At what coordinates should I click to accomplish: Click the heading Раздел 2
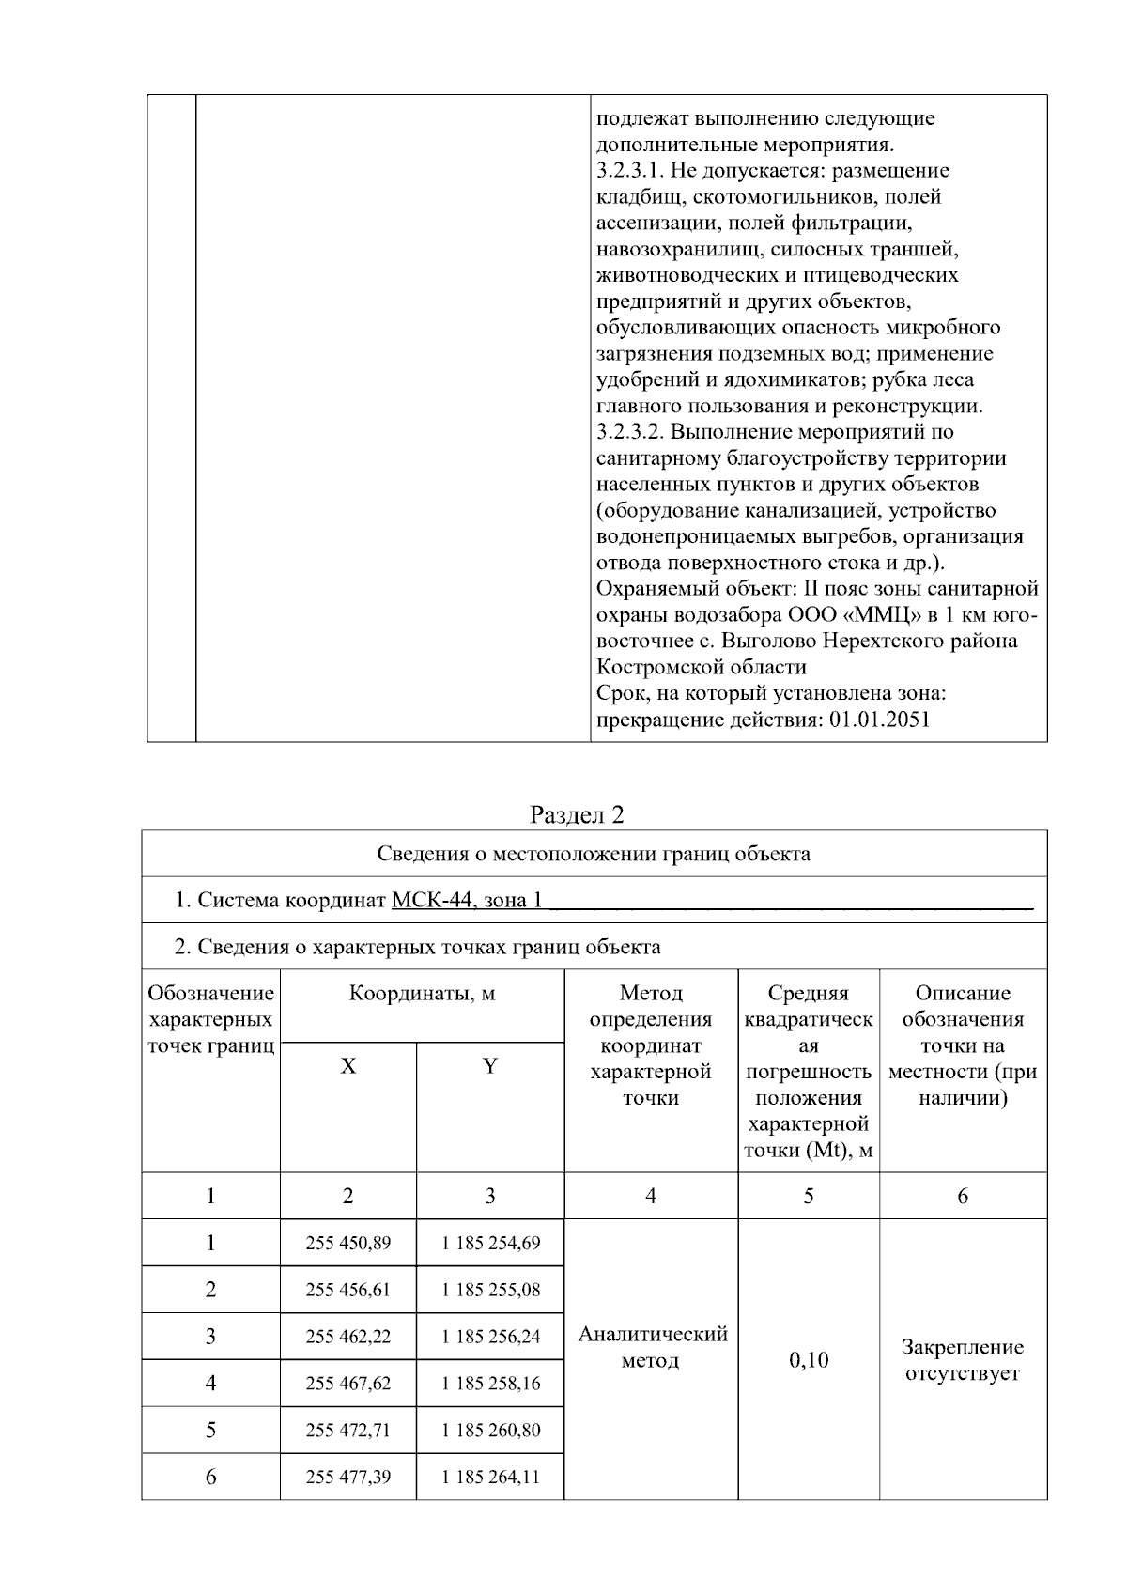click(x=577, y=814)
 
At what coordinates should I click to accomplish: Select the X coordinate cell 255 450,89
click(x=347, y=1243)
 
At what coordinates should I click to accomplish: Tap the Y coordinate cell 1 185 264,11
click(x=490, y=1477)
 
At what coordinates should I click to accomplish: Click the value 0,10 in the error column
click(x=808, y=1359)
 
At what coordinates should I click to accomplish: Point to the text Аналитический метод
click(x=652, y=1347)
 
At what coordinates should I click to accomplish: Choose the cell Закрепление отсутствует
click(x=962, y=1359)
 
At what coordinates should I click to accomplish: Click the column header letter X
click(x=347, y=1066)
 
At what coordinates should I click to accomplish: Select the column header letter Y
click(x=489, y=1066)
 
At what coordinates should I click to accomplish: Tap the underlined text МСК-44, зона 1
click(x=467, y=900)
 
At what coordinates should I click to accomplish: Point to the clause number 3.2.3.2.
click(x=631, y=432)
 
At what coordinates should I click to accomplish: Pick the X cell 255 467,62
click(x=347, y=1383)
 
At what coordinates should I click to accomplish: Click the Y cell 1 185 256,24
click(x=490, y=1336)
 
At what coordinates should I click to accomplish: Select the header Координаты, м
click(x=422, y=994)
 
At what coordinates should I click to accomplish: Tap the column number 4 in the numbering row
click(x=651, y=1196)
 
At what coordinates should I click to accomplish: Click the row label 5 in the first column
click(x=210, y=1430)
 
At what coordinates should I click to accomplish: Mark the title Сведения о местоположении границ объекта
click(x=594, y=854)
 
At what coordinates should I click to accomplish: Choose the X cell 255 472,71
click(x=347, y=1430)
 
